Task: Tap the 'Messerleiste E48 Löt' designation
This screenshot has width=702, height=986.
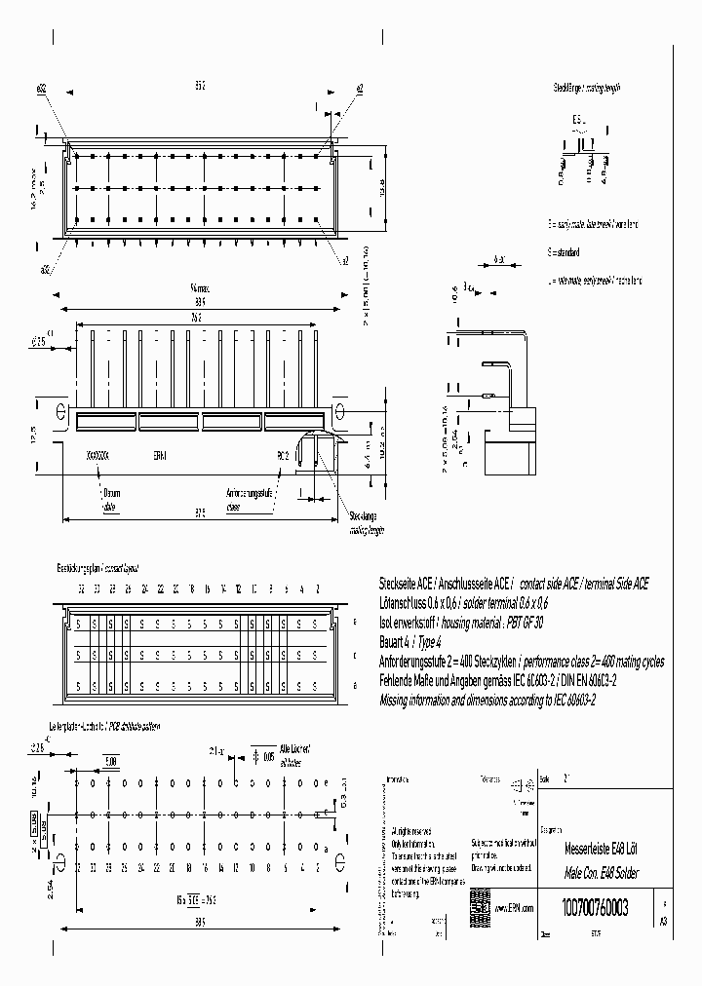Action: (x=599, y=849)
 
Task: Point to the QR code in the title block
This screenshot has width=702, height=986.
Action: (x=479, y=900)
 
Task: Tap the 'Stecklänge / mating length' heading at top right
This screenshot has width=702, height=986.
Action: (x=586, y=88)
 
